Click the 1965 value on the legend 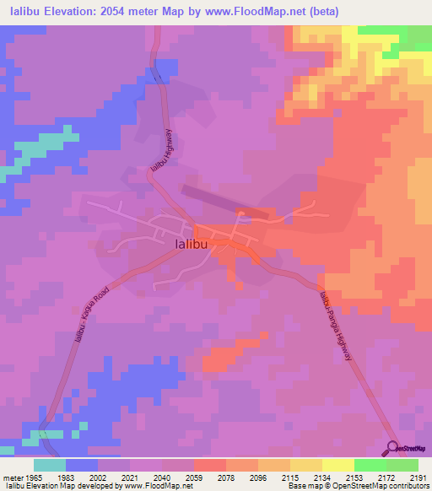(33, 477)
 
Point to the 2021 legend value (131, 477)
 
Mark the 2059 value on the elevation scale (195, 477)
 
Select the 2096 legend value (258, 477)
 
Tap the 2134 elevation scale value (322, 477)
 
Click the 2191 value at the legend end (418, 477)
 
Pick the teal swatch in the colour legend (49, 465)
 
